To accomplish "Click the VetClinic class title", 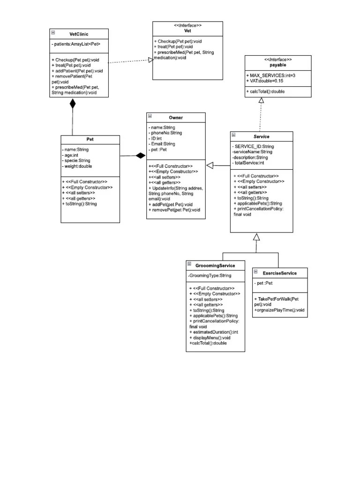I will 79,34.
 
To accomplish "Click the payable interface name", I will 278,66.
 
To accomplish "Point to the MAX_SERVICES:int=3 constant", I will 270,75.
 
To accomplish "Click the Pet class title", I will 90,139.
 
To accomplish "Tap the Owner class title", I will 176,117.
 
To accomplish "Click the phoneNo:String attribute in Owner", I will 165,133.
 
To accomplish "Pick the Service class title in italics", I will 262,136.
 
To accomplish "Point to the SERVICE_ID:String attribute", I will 256,147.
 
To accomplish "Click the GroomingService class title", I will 215,265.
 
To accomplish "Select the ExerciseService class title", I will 279,273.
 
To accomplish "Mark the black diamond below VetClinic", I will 72,104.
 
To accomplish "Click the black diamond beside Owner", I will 140,156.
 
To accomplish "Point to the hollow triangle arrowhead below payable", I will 262,100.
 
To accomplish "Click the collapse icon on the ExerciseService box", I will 256,272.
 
